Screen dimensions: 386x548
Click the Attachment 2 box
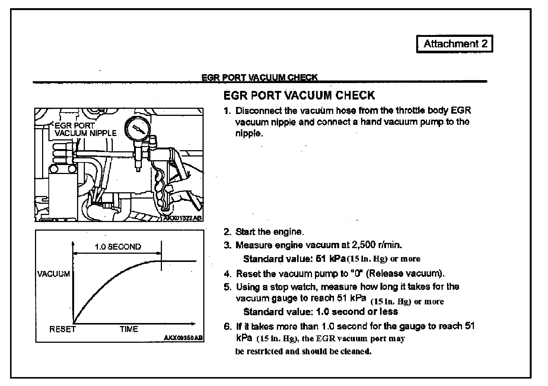click(x=455, y=44)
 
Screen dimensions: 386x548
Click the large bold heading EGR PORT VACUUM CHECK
click(x=299, y=95)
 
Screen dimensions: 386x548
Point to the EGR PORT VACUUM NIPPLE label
click(x=85, y=129)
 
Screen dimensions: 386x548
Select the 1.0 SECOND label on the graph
click(x=118, y=247)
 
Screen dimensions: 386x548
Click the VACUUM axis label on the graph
click(x=54, y=274)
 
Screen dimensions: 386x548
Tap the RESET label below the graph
click(x=62, y=329)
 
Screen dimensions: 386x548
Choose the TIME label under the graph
click(x=129, y=329)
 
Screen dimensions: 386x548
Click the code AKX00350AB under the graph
click(x=183, y=338)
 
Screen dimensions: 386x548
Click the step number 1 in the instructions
click(x=227, y=111)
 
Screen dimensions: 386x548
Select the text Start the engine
click(x=270, y=232)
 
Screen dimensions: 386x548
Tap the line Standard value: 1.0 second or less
click(x=321, y=311)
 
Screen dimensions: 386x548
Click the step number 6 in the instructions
click(x=227, y=327)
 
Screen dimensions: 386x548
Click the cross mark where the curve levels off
click(x=161, y=261)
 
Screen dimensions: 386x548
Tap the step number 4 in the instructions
click(x=227, y=274)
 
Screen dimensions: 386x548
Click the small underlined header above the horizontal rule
click(x=259, y=77)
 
